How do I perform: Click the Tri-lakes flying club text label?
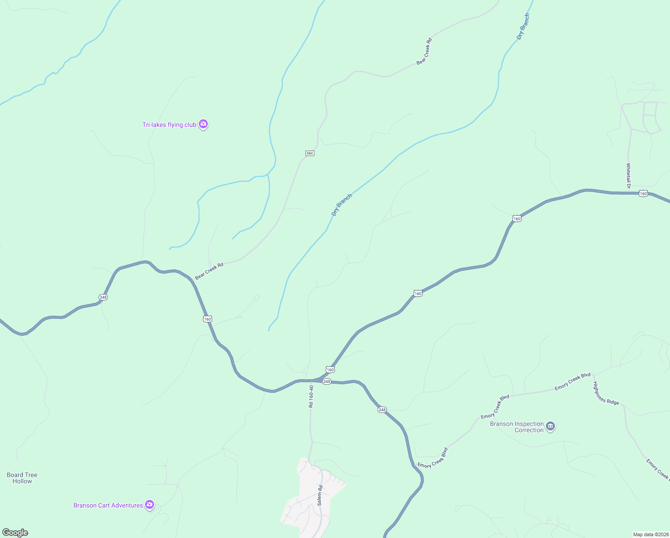tap(169, 125)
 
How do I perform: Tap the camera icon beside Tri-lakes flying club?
tap(203, 124)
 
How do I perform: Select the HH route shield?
tap(309, 153)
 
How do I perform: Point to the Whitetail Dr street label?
tap(628, 175)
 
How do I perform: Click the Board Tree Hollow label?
tap(22, 478)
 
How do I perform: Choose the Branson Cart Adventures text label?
tap(108, 505)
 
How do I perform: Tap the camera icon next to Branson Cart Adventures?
tap(150, 505)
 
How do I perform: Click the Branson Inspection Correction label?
tap(517, 427)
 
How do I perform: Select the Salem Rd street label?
tap(320, 495)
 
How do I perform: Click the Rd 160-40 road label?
tap(311, 396)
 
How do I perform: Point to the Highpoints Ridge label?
tap(606, 393)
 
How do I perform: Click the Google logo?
tap(15, 533)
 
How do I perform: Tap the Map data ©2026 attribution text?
tap(651, 534)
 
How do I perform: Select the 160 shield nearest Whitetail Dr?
tap(643, 193)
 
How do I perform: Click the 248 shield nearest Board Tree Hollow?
tap(103, 297)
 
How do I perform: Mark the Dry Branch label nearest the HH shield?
tap(342, 205)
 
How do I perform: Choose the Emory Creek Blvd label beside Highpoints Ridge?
tap(572, 382)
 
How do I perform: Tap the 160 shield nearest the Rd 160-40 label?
tap(330, 369)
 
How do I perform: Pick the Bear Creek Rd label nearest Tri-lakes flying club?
tap(209, 271)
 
